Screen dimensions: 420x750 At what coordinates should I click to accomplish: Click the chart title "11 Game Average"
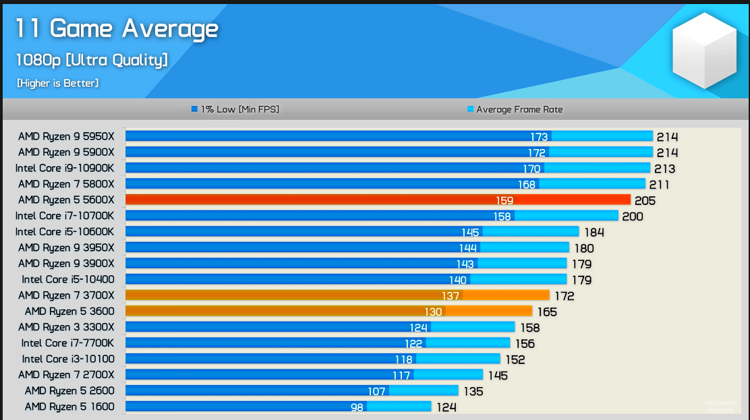[117, 29]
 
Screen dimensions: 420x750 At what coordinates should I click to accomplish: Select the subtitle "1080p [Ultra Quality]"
[92, 60]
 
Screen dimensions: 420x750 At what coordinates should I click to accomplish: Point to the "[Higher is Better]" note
[58, 83]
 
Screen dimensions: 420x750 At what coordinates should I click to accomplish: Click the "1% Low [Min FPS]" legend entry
[235, 109]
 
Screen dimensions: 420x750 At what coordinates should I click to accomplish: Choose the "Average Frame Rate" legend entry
[515, 109]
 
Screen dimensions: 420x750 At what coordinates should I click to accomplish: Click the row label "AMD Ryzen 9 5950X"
[66, 136]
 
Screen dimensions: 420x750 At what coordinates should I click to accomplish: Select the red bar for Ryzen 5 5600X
[378, 200]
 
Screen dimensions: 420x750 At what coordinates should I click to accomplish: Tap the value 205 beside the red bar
[645, 200]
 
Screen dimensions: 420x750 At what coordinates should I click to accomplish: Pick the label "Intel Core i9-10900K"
[65, 168]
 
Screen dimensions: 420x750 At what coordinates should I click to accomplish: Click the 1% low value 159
[504, 200]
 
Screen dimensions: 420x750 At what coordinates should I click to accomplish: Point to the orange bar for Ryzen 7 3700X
[337, 295]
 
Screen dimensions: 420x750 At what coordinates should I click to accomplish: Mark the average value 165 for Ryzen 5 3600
[547, 311]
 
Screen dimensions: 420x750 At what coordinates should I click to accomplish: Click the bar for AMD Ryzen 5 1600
[278, 407]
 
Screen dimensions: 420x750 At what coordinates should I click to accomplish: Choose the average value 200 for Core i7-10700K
[633, 216]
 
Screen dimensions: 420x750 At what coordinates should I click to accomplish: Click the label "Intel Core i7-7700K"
[68, 343]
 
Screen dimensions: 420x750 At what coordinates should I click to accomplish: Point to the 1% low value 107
[376, 391]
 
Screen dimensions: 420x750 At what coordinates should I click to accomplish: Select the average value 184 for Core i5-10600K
[594, 233]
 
